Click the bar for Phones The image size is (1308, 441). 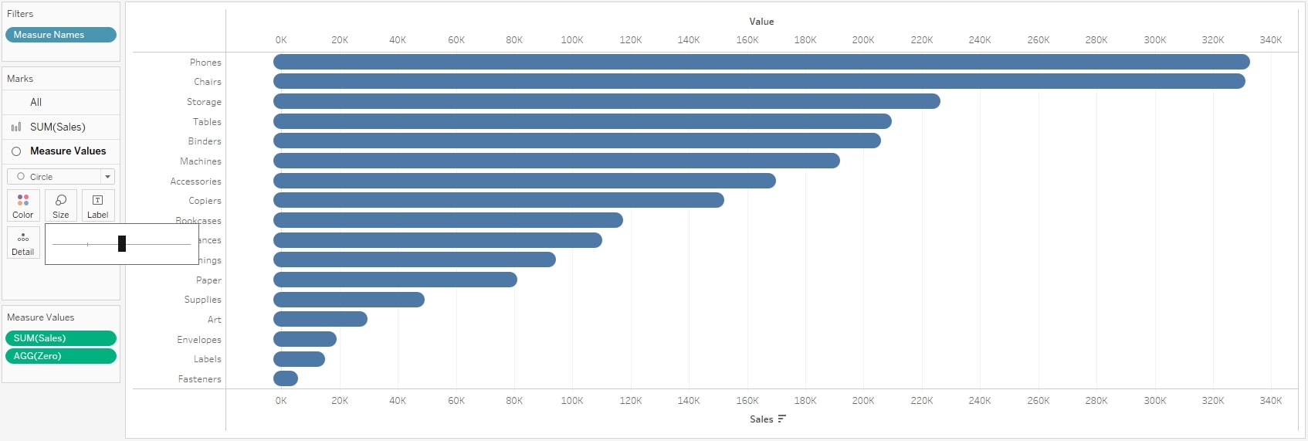click(x=761, y=62)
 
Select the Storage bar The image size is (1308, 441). click(x=606, y=101)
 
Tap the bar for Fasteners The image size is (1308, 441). click(x=286, y=378)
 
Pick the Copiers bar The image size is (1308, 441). click(x=498, y=200)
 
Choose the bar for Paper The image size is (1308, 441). click(x=395, y=280)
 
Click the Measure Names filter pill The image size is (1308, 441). click(x=60, y=35)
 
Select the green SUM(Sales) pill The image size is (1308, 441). click(x=60, y=338)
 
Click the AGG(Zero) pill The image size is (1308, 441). click(x=60, y=356)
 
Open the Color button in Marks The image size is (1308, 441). click(x=23, y=205)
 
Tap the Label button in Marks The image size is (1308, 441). click(x=97, y=205)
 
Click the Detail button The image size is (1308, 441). click(x=23, y=243)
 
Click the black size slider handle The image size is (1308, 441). click(x=122, y=244)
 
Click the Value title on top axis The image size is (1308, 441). click(x=761, y=22)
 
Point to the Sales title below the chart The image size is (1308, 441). click(x=761, y=419)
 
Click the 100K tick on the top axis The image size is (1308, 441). click(x=572, y=40)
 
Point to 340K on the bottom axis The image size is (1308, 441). click(x=1270, y=401)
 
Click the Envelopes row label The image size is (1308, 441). click(x=199, y=340)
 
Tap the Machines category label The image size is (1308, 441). click(x=201, y=161)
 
